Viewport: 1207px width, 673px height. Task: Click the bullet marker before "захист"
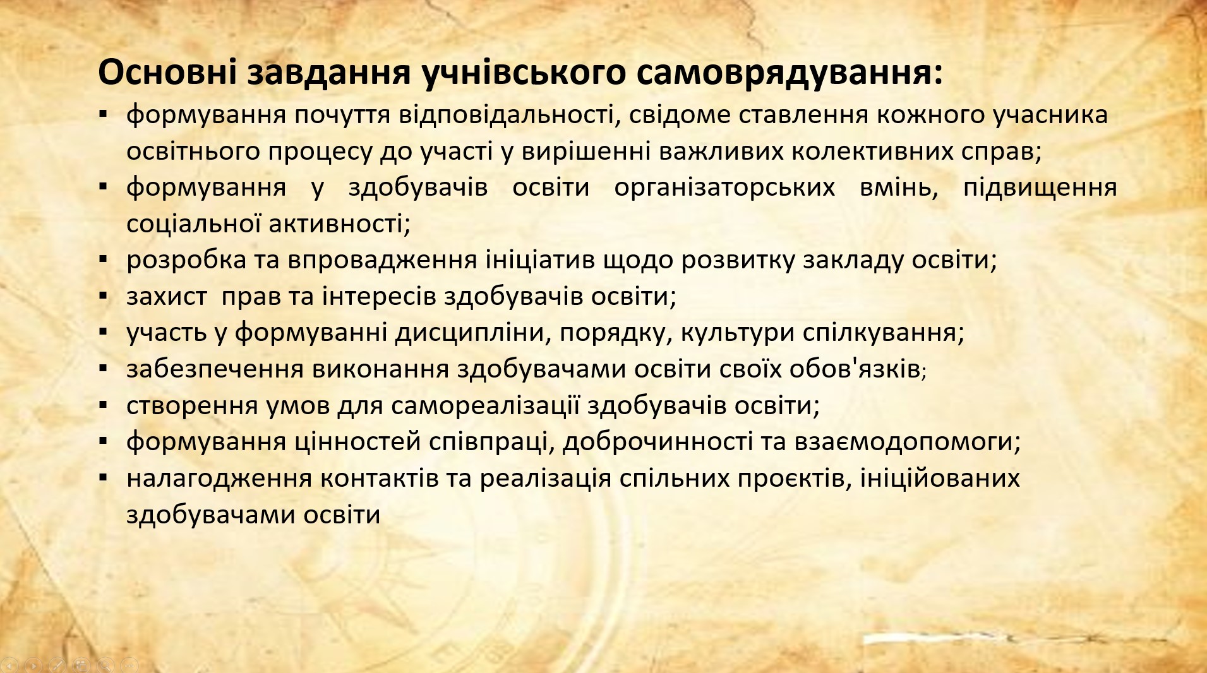[103, 295]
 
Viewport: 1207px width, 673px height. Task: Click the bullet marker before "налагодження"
[103, 476]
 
